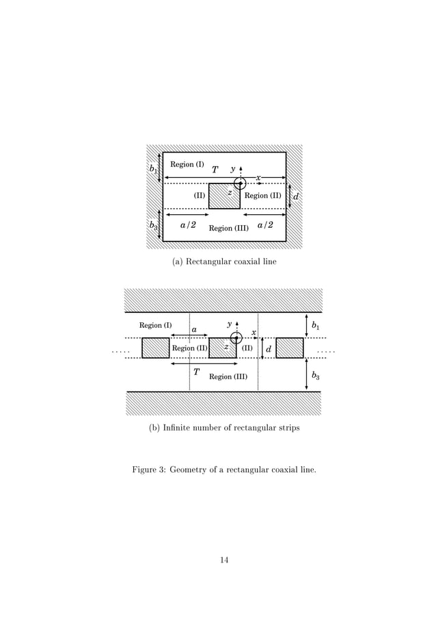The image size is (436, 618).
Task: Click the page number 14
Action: point(223,561)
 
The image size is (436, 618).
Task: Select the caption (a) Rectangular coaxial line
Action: point(224,261)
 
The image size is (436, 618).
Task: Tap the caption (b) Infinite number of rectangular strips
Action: point(224,428)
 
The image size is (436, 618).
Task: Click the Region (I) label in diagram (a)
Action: point(187,164)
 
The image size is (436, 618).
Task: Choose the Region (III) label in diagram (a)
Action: point(228,229)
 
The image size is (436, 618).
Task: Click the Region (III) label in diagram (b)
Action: point(228,376)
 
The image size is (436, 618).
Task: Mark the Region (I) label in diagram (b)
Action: point(155,325)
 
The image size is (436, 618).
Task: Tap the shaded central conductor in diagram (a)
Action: point(223,196)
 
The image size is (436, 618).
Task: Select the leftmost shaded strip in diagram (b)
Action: point(155,348)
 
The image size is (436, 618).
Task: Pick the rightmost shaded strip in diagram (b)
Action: point(289,348)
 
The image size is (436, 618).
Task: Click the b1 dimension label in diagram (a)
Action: point(153,168)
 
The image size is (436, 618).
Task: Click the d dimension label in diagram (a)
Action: point(295,197)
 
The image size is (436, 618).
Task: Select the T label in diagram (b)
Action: point(196,372)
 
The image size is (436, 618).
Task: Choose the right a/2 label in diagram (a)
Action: point(265,224)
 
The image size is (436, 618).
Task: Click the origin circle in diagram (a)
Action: point(240,183)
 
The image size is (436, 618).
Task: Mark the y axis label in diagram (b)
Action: point(229,324)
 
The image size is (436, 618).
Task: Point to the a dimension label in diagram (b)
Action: point(194,330)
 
